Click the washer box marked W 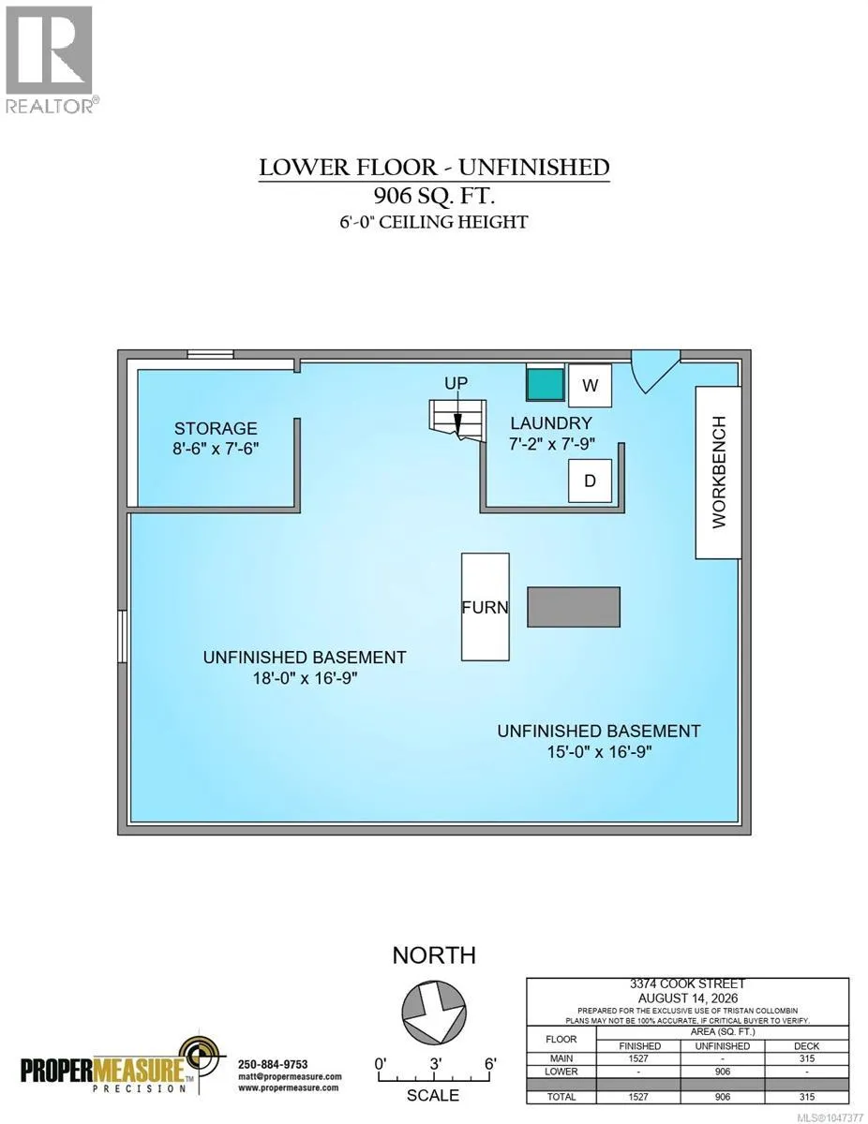tap(590, 385)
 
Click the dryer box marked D tap(590, 481)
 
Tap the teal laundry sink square tap(546, 384)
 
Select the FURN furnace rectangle tap(485, 607)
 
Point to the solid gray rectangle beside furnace tap(574, 607)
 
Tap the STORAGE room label tap(216, 428)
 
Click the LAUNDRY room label tap(551, 423)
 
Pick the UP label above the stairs tap(456, 383)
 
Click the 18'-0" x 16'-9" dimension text tap(306, 678)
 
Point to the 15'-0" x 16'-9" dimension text tap(599, 751)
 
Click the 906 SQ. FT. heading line tap(434, 196)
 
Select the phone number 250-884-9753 tap(273, 1060)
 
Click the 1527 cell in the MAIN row tap(638, 1058)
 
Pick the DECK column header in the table tap(806, 1046)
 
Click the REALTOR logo tap(49, 60)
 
